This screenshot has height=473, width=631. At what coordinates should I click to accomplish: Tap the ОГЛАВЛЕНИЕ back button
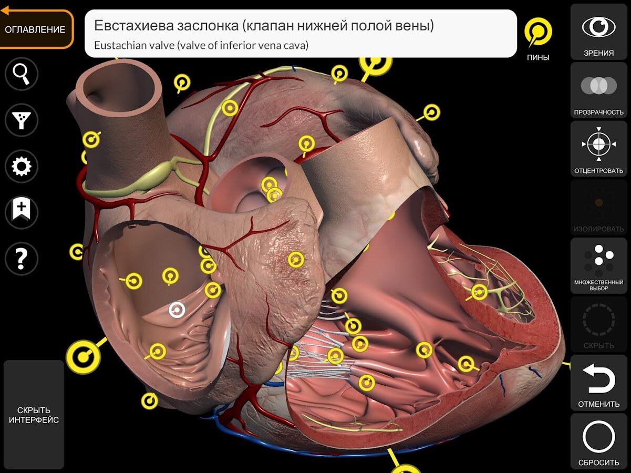tap(35, 29)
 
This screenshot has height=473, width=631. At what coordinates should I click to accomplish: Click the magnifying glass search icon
tap(21, 74)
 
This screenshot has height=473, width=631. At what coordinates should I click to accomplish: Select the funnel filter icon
tap(21, 120)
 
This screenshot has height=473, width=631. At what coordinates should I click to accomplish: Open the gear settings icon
tap(21, 166)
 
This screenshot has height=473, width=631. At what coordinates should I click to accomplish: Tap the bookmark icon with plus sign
tap(21, 212)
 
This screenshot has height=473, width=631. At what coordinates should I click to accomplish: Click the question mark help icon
tap(21, 259)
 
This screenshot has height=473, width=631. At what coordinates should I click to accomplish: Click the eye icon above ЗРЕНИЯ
tap(598, 27)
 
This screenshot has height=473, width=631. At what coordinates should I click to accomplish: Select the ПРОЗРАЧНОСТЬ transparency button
tap(598, 90)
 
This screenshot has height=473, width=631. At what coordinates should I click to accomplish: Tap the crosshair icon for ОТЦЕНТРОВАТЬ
tap(598, 144)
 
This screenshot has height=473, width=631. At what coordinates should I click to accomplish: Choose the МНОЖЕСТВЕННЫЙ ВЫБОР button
tap(598, 265)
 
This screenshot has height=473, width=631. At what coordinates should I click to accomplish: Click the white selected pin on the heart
tap(177, 310)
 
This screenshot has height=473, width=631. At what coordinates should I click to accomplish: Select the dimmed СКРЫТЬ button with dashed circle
tap(598, 324)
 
